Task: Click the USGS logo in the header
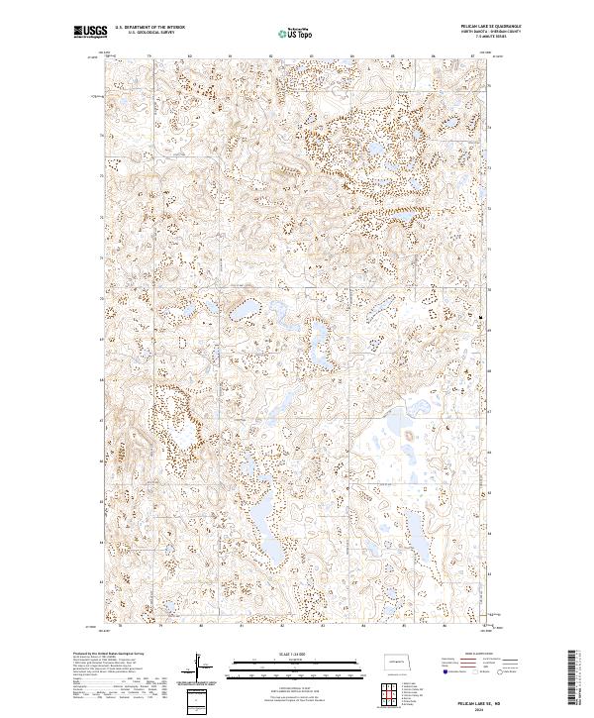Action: (89, 32)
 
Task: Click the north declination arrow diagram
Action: (195, 666)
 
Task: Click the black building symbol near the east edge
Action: (480, 317)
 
